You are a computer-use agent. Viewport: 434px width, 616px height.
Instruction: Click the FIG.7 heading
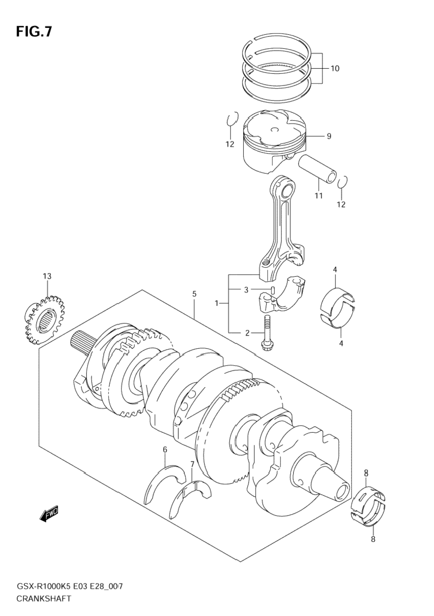tap(34, 31)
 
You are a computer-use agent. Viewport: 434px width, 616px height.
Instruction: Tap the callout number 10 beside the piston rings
tap(335, 68)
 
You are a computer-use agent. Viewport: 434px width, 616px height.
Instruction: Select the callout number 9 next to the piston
tap(329, 136)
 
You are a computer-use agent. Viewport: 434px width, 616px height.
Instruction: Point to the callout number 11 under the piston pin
tap(319, 195)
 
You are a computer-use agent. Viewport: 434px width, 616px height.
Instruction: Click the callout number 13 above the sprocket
tap(47, 276)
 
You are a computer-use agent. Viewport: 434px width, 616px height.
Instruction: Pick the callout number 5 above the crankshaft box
tap(194, 294)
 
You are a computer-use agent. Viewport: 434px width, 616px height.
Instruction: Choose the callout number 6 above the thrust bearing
tap(165, 450)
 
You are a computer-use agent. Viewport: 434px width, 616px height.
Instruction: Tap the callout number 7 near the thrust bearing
tap(192, 464)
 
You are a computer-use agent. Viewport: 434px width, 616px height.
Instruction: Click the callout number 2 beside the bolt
tap(247, 333)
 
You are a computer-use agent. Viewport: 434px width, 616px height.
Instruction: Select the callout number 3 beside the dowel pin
tap(247, 290)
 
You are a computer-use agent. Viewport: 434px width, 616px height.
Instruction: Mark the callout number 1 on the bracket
tap(216, 303)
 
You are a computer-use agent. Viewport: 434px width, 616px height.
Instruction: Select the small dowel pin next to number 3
tap(272, 290)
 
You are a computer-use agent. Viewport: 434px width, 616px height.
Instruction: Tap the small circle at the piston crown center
tap(275, 129)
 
